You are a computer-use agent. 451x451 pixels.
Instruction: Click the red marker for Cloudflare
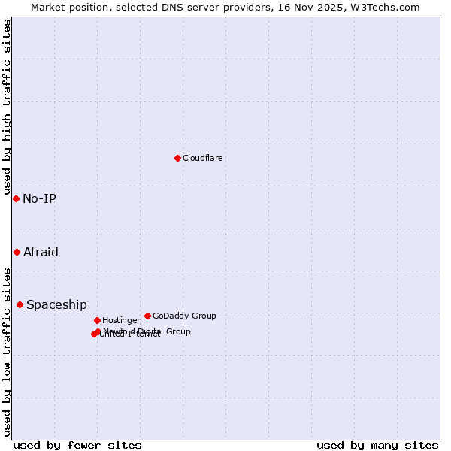pos(177,158)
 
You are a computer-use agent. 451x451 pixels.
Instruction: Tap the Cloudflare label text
pos(202,159)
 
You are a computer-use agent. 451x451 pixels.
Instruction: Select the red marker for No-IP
pos(16,198)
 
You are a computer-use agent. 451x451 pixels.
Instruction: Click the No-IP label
pos(39,199)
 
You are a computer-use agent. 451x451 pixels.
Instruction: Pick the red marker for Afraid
pos(17,252)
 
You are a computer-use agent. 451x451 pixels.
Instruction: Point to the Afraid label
pos(41,253)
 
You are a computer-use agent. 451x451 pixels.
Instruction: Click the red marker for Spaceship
pos(20,304)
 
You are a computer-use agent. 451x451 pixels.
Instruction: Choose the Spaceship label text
pos(56,305)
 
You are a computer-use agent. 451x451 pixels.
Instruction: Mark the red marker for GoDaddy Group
pos(147,316)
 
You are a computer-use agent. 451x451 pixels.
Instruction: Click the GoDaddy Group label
pos(184,316)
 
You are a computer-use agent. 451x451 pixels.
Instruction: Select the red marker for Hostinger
pos(97,320)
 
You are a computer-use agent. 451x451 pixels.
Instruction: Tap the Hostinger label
pos(121,321)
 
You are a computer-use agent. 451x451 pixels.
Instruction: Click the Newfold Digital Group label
pos(147,331)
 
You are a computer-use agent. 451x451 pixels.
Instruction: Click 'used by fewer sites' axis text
pos(77,446)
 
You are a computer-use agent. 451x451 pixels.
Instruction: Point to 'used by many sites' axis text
pos(377,446)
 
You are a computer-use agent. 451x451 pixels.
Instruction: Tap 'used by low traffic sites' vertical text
pos(8,351)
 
